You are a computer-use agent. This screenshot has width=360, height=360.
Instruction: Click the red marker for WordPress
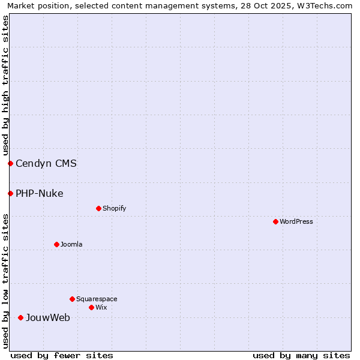point(275,221)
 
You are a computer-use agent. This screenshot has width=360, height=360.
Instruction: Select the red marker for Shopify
point(98,208)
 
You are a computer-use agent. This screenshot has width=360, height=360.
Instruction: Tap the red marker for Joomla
point(56,244)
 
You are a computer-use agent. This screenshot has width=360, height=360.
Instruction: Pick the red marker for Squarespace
point(72,299)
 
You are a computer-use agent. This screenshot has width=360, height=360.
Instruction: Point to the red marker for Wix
point(91,307)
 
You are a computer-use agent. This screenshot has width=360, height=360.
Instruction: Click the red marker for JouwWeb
point(20,317)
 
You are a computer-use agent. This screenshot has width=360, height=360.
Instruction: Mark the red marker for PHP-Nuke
point(10,193)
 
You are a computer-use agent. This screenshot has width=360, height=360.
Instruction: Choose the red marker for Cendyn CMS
point(10,163)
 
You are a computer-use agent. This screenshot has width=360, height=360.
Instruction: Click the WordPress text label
point(296,221)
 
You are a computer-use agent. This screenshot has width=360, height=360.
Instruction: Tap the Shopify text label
point(114,208)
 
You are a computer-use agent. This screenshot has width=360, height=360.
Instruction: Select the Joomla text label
point(71,244)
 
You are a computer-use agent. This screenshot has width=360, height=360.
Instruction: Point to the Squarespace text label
point(97,299)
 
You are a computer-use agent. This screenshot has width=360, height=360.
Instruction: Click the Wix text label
point(101,307)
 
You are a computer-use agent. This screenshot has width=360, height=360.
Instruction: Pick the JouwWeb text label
point(47,317)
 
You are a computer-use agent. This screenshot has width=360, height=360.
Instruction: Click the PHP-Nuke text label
point(39,193)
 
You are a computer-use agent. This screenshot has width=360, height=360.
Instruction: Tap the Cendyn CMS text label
point(46,163)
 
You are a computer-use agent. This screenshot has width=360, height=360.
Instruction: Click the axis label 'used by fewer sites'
point(62,355)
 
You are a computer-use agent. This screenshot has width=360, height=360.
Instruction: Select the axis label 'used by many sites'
point(301,355)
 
